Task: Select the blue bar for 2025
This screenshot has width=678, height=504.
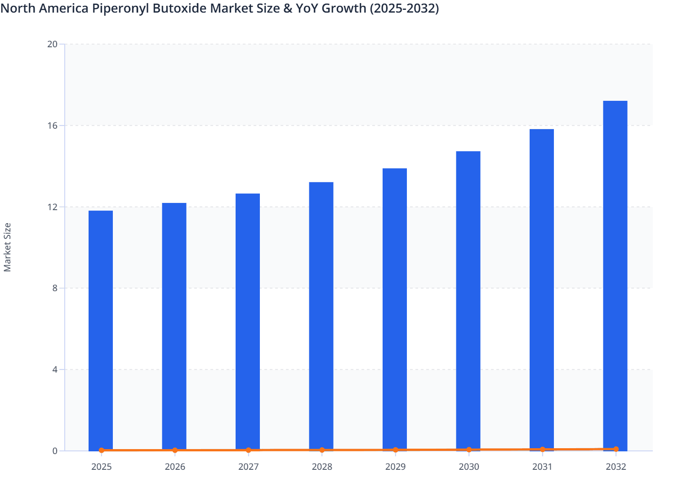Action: click(x=101, y=330)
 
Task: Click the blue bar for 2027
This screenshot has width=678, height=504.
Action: click(x=248, y=322)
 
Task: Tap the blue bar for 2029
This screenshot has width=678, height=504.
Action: click(x=395, y=309)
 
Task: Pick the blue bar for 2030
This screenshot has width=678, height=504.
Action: click(x=468, y=301)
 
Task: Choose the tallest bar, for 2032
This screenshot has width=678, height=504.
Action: click(x=615, y=275)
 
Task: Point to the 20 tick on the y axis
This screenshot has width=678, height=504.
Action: click(x=53, y=44)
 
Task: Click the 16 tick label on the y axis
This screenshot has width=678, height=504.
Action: click(x=53, y=126)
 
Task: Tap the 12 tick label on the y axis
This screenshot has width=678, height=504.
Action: click(x=53, y=207)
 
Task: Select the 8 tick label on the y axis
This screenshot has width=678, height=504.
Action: click(x=55, y=288)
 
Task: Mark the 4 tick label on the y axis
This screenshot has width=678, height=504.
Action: click(x=55, y=369)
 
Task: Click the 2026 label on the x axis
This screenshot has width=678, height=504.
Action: click(x=175, y=467)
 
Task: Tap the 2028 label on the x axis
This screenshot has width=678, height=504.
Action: click(x=322, y=467)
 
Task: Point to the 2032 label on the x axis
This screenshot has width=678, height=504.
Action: click(x=616, y=467)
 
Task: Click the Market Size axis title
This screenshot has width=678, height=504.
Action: click(x=7, y=247)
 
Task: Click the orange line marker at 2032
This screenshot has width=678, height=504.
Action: click(x=616, y=449)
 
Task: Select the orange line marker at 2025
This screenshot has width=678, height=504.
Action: click(x=101, y=450)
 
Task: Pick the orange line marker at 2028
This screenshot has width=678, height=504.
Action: click(x=322, y=450)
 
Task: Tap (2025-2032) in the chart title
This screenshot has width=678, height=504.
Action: click(x=404, y=8)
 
